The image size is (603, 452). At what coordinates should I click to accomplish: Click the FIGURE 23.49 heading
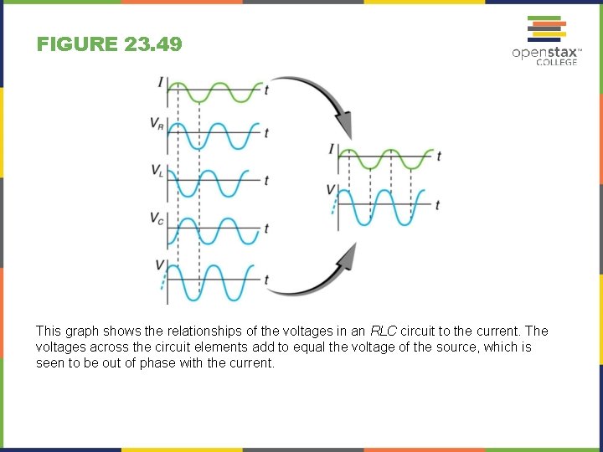pos(109,44)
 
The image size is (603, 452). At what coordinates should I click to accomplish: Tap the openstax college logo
pos(544,41)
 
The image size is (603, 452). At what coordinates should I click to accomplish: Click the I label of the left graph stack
pos(160,82)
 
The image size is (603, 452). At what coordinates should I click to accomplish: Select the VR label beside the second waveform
pos(157,123)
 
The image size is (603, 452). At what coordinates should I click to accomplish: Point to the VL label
pos(157,171)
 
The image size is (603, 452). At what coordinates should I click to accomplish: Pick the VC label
pos(157,218)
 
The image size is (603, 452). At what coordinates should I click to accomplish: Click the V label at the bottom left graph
pos(159,265)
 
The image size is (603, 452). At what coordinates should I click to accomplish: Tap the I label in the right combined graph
pos(332,149)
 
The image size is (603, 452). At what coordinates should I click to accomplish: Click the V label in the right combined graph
pos(331,190)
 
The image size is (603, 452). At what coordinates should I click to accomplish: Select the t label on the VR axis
pos(266,133)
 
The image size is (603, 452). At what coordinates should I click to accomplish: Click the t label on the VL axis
pos(266,180)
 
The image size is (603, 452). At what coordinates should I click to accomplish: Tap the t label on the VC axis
pos(266,228)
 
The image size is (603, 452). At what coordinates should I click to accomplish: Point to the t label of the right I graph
pos(439,157)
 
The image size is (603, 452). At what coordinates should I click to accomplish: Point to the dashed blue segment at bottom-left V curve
pos(164,278)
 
